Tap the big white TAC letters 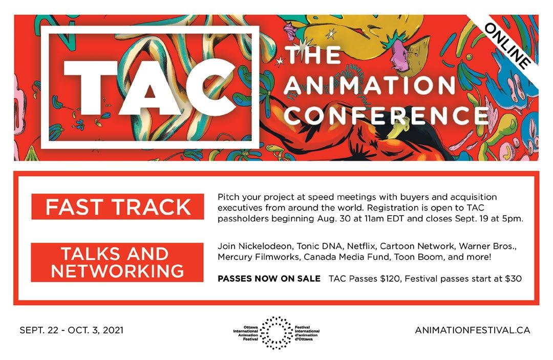pyautogui.click(x=149, y=87)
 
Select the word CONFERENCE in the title pyautogui.click(x=386, y=115)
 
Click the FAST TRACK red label pyautogui.click(x=118, y=206)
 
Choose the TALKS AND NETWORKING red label pyautogui.click(x=117, y=262)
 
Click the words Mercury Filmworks pyautogui.click(x=258, y=257)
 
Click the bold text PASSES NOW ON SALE pyautogui.click(x=269, y=279)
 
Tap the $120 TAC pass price pyautogui.click(x=390, y=279)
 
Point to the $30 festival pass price pyautogui.click(x=513, y=279)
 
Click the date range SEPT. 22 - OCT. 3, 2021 pyautogui.click(x=72, y=330)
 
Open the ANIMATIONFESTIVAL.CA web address pyautogui.click(x=472, y=330)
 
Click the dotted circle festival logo pyautogui.click(x=276, y=332)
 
